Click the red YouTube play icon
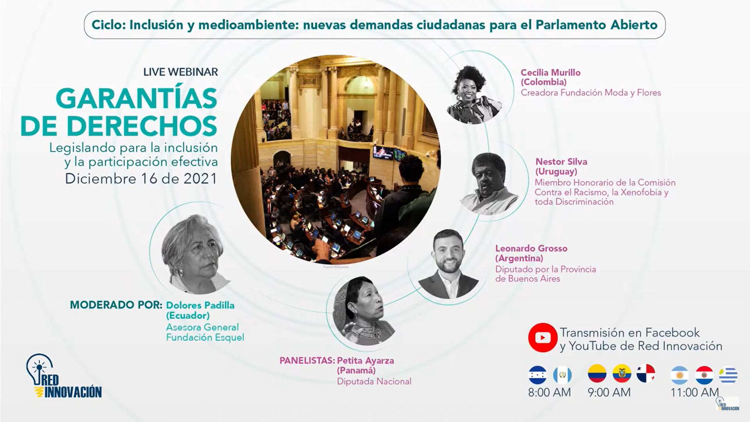click(543, 338)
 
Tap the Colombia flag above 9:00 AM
click(597, 374)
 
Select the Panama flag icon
click(646, 374)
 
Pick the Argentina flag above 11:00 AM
click(680, 376)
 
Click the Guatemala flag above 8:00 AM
click(562, 376)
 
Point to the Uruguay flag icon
click(729, 376)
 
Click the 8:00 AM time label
click(549, 392)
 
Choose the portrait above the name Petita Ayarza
click(364, 311)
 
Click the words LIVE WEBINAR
click(180, 72)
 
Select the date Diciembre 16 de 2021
click(141, 179)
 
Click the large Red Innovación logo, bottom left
click(64, 376)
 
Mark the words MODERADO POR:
click(116, 305)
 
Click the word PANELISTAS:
click(307, 361)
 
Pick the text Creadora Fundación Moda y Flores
click(591, 93)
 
